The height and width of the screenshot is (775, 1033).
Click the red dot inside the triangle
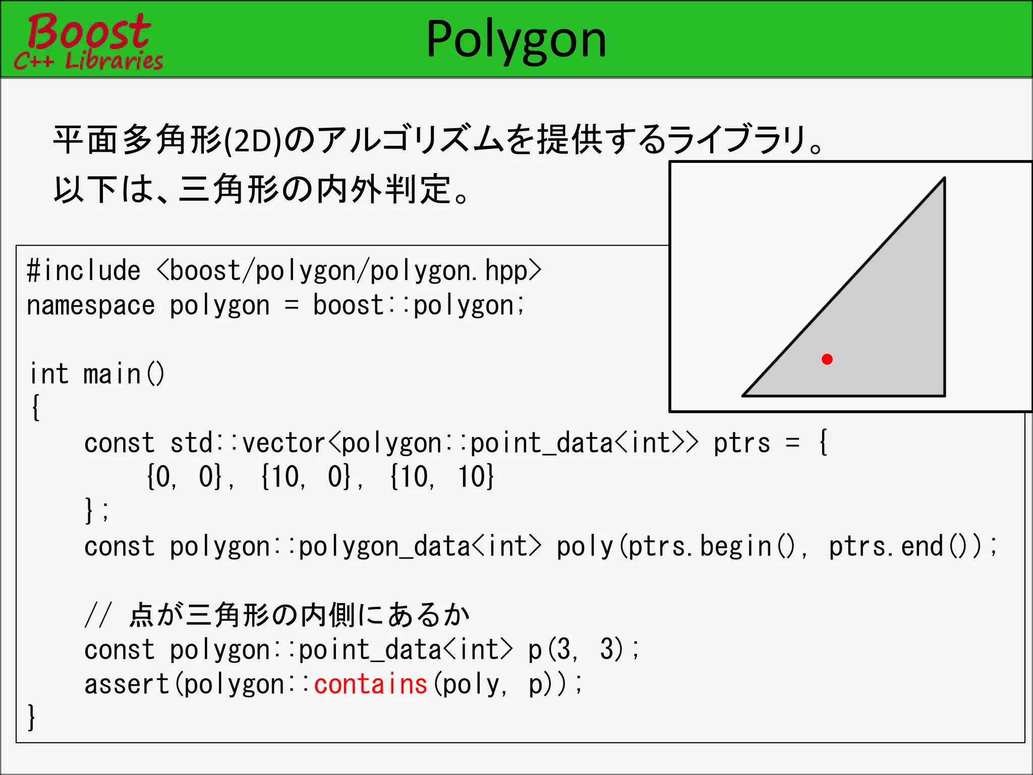pos(827,359)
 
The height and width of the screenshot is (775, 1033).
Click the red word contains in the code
pos(371,685)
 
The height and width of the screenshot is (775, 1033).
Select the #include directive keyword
pos(83,271)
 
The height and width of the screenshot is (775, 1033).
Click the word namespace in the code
pos(91,306)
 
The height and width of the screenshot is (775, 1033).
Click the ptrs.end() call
pos(903,547)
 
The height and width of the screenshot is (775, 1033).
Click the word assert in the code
pos(126,685)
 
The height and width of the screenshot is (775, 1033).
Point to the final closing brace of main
pos(31,717)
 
